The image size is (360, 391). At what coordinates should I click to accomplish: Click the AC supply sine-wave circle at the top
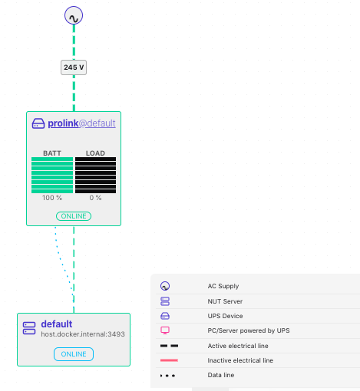click(x=74, y=15)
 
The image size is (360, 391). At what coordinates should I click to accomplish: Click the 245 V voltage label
click(x=74, y=67)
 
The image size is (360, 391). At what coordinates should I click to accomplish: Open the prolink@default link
click(x=81, y=123)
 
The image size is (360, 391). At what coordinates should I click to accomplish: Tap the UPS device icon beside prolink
click(x=38, y=123)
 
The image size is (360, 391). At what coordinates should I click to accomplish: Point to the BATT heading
click(x=52, y=153)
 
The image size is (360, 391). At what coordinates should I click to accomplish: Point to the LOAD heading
click(x=95, y=153)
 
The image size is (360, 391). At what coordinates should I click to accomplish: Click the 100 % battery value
click(x=52, y=198)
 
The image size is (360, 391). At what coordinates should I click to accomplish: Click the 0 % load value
click(x=95, y=198)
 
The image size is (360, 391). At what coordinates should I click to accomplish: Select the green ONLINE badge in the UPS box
click(x=74, y=216)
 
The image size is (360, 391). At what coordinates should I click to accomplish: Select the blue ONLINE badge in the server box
click(x=74, y=354)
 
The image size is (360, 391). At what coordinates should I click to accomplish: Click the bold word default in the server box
click(x=57, y=324)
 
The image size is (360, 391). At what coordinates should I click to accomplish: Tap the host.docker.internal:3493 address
click(x=83, y=334)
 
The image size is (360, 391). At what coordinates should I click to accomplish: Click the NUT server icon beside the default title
click(x=29, y=328)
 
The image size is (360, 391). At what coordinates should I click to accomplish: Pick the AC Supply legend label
click(x=223, y=286)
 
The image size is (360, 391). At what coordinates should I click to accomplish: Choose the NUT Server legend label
click(x=225, y=301)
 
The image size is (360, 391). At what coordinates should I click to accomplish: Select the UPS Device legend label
click(x=225, y=316)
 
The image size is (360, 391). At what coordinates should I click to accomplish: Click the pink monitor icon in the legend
click(x=165, y=330)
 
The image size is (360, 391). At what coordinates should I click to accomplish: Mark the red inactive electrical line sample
click(x=169, y=360)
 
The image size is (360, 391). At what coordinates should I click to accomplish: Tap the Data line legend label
click(x=221, y=375)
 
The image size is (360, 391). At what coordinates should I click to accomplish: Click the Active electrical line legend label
click(x=238, y=346)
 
